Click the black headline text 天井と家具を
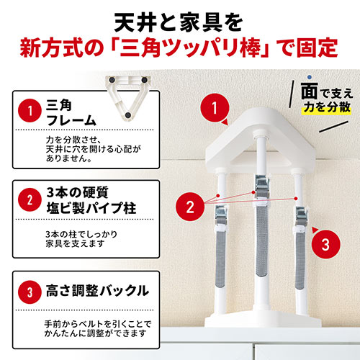[180, 17]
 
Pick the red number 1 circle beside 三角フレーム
[30, 112]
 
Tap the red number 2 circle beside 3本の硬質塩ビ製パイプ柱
[30, 199]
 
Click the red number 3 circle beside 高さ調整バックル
[30, 292]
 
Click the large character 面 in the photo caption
[307, 91]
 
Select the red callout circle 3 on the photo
[325, 244]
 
